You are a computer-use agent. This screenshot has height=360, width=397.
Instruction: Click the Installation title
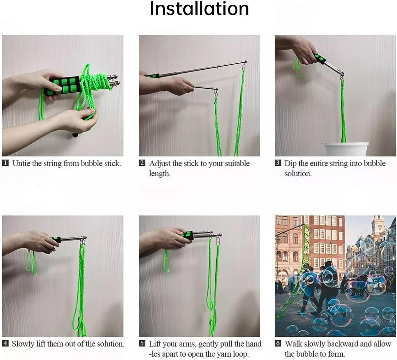(199, 9)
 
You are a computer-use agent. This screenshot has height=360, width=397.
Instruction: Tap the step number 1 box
(5, 163)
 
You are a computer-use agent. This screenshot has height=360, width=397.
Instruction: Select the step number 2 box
(142, 163)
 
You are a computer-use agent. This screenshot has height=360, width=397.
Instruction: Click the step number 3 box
(278, 163)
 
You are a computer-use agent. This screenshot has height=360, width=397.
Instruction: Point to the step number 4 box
(5, 343)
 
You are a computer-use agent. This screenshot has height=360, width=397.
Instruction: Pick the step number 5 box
(142, 343)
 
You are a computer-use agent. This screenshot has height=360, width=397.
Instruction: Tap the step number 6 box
(278, 343)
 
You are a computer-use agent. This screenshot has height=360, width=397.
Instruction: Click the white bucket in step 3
(345, 149)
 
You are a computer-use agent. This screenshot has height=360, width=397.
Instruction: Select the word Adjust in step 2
(160, 163)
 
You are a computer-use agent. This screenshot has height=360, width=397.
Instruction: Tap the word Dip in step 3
(291, 163)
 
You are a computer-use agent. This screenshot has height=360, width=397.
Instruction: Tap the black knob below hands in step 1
(74, 136)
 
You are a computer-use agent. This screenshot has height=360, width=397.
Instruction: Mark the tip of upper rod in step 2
(245, 62)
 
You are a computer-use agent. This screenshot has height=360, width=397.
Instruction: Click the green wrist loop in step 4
(31, 263)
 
